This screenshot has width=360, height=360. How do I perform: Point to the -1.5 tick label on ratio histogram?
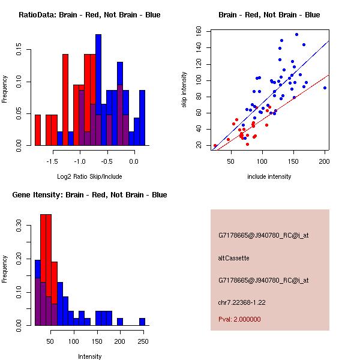click(52, 161)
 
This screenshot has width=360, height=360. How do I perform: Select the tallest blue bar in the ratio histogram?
click(98, 89)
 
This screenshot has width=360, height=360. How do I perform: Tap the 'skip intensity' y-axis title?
click(185, 89)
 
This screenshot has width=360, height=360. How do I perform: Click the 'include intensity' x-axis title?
click(269, 177)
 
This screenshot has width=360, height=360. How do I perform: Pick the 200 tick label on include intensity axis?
click(325, 161)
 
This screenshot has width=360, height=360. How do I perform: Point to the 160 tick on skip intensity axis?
click(199, 31)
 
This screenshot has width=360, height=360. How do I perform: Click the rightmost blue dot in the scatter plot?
click(325, 88)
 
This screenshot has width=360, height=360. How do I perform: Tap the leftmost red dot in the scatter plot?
click(215, 145)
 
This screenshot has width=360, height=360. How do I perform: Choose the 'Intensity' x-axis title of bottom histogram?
click(89, 357)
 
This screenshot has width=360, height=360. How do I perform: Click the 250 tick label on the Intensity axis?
click(142, 341)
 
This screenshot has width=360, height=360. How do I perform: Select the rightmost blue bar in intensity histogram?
click(142, 321)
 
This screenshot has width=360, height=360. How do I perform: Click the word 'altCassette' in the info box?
click(233, 258)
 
